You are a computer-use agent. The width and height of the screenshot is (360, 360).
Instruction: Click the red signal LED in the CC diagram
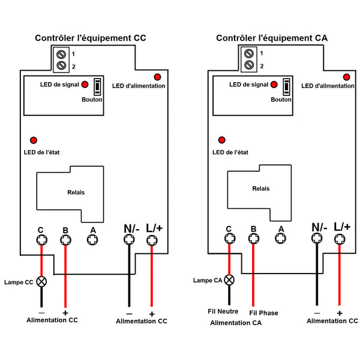click(85, 85)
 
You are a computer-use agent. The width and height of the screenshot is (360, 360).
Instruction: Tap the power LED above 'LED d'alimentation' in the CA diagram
click(346, 77)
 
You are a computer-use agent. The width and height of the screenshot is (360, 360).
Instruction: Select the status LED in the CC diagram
click(34, 140)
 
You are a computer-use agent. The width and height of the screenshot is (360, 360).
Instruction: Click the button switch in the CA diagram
click(286, 87)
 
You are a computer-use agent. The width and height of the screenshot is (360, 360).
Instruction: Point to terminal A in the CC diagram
click(92, 240)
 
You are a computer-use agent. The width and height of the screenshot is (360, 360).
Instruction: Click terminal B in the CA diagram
click(254, 239)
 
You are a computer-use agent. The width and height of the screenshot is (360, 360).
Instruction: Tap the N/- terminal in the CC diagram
click(129, 239)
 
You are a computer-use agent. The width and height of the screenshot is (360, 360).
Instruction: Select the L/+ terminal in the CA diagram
click(340, 239)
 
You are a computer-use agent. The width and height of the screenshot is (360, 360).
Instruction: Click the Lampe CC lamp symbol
click(41, 282)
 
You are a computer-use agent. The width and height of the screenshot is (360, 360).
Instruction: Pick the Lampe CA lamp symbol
click(229, 280)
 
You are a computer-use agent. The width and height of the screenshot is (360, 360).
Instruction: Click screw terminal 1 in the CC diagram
click(61, 55)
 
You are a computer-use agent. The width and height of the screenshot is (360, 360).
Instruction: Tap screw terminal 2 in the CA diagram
click(249, 65)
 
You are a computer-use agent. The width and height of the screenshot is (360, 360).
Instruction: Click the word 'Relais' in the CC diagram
click(76, 193)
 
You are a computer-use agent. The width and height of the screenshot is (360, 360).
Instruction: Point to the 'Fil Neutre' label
click(223, 311)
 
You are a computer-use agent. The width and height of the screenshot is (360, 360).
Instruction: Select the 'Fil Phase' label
click(263, 313)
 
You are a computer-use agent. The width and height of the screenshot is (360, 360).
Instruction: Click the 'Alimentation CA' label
click(236, 323)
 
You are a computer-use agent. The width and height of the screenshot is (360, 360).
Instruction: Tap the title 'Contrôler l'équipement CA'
click(272, 38)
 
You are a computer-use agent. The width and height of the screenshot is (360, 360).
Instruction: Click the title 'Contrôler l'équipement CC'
click(91, 38)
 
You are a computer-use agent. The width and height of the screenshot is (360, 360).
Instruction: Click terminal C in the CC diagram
click(42, 240)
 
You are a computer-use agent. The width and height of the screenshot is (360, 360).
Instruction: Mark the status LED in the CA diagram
click(221, 140)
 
